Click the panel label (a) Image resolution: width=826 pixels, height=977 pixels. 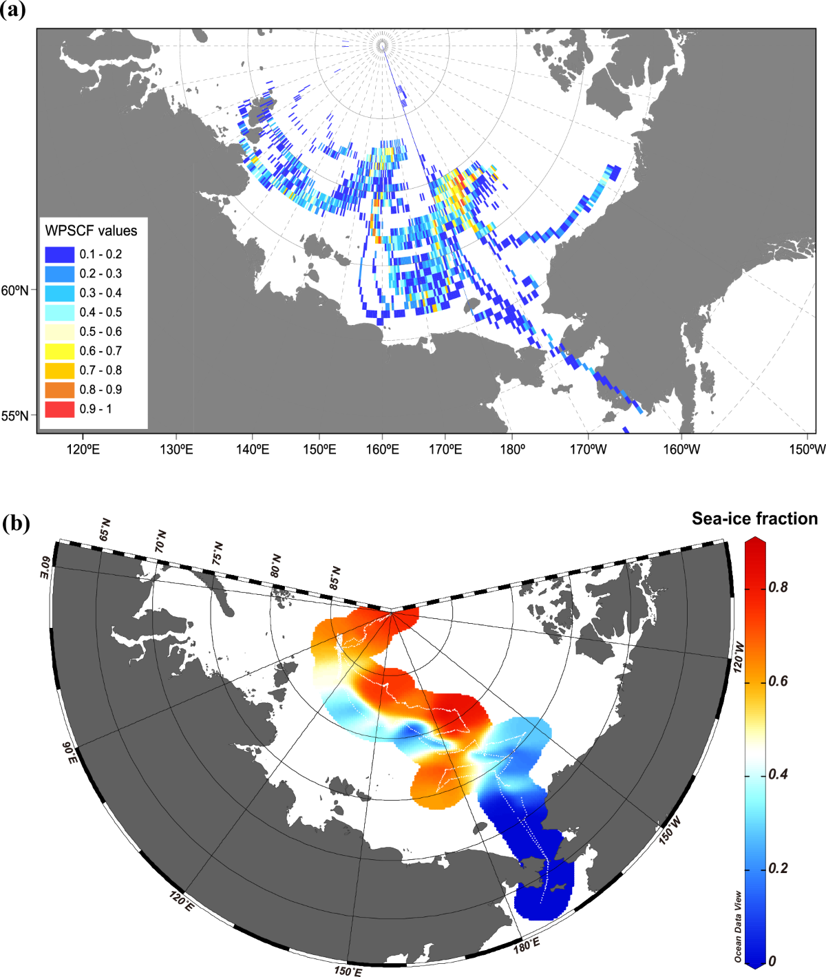(x=13, y=10)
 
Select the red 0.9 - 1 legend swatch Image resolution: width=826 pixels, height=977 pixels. (x=59, y=409)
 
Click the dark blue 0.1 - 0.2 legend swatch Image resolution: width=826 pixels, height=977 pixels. (x=59, y=254)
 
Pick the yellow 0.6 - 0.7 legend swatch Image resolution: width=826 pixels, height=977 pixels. (x=59, y=351)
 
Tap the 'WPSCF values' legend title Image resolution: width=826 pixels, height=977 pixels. (x=91, y=231)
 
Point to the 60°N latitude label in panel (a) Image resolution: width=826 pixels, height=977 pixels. (x=15, y=291)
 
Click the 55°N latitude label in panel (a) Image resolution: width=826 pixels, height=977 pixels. (x=15, y=416)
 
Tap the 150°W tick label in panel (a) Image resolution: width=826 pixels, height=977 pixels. (x=807, y=450)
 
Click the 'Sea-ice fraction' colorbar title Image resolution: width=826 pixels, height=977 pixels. (x=754, y=518)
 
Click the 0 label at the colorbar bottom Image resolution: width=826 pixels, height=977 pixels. (x=773, y=961)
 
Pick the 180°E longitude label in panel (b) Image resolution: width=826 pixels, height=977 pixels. (x=527, y=943)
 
